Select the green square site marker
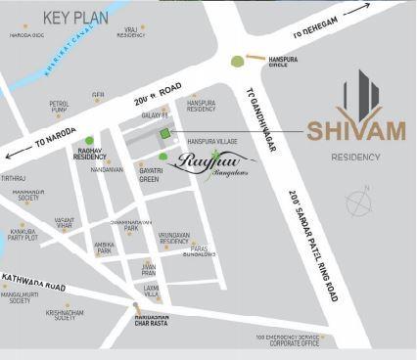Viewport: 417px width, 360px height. click(165, 133)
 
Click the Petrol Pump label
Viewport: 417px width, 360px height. click(60, 106)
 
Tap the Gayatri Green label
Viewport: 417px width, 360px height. click(149, 175)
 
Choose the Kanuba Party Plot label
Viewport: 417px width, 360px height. click(23, 234)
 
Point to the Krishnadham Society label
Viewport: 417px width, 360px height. click(66, 314)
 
